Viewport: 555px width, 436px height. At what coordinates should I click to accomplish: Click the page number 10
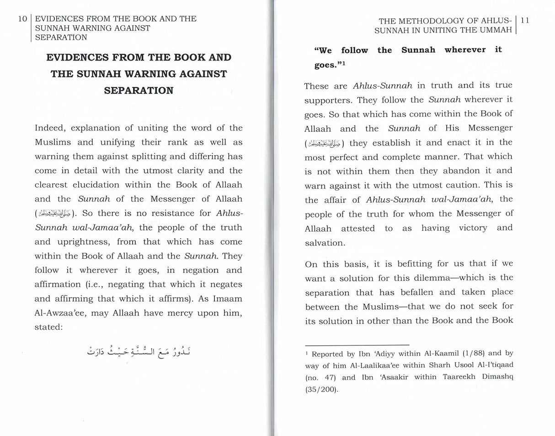(22, 19)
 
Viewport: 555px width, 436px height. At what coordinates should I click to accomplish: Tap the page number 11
(525, 21)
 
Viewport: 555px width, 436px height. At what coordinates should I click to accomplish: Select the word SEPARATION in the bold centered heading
(139, 90)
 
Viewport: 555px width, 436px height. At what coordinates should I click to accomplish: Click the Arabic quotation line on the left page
(139, 351)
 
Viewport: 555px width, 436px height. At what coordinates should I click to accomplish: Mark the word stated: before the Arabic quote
(48, 327)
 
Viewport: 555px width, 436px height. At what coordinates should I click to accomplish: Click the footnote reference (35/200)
(322, 390)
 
